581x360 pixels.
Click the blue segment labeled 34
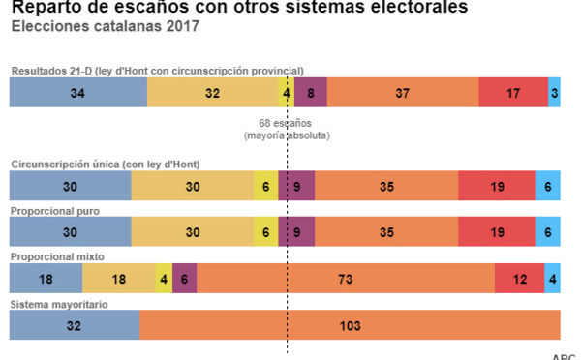point(77,93)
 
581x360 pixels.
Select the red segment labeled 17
point(512,93)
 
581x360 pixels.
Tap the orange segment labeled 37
point(402,93)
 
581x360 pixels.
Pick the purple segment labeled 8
point(310,93)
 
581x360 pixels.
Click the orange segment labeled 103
point(350,325)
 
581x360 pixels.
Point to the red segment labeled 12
point(519,278)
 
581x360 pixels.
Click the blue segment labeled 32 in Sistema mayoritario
point(74,325)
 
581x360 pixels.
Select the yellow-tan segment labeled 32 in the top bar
point(212,93)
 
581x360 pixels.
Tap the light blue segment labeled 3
point(554,93)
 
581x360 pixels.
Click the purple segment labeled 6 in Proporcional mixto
point(184,278)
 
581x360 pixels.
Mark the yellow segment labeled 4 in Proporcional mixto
point(163,278)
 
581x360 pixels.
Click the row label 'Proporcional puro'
point(54,210)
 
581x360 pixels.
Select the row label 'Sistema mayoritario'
point(58,304)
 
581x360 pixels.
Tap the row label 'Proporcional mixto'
point(57,256)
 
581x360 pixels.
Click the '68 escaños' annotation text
point(287,124)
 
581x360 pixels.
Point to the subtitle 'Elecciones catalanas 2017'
point(105,26)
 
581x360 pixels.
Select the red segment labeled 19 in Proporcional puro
point(496,232)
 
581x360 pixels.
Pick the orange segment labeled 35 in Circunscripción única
point(386,185)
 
